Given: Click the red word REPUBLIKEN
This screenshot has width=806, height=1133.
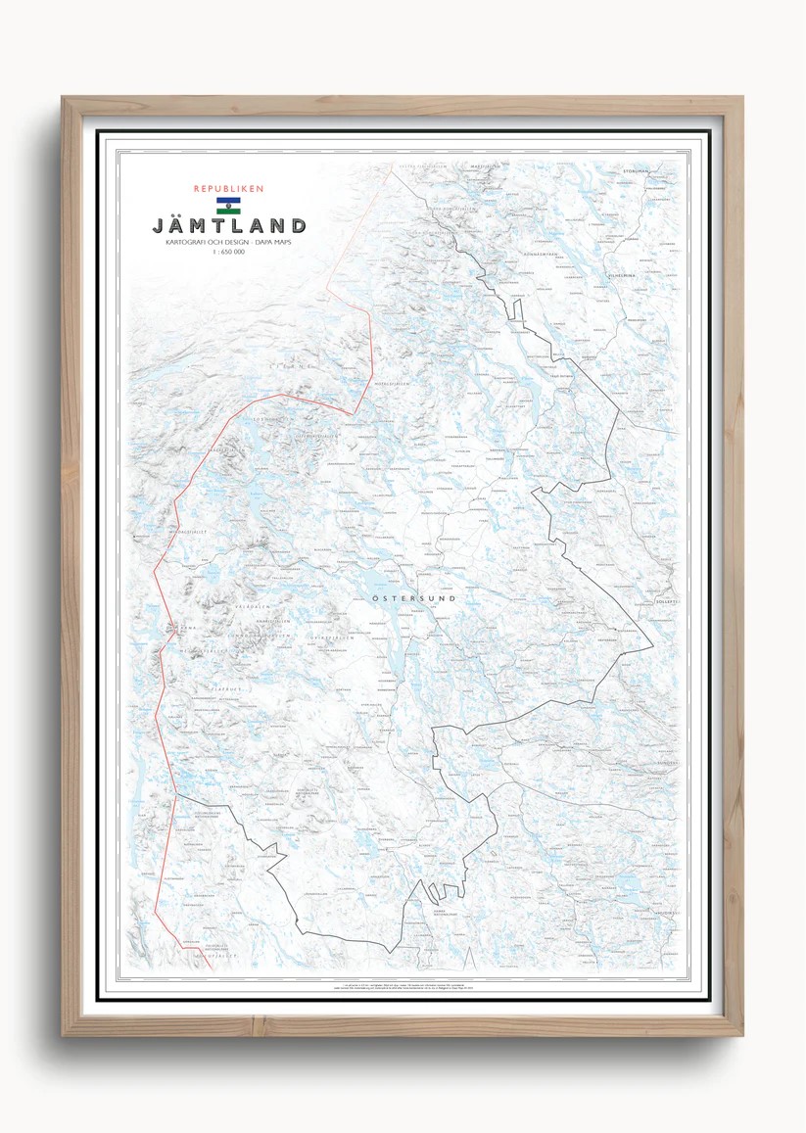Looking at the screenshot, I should pos(229,189).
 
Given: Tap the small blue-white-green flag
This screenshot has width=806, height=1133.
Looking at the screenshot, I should pos(229,206).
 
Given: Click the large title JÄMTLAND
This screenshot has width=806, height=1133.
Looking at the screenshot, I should pos(229,226).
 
